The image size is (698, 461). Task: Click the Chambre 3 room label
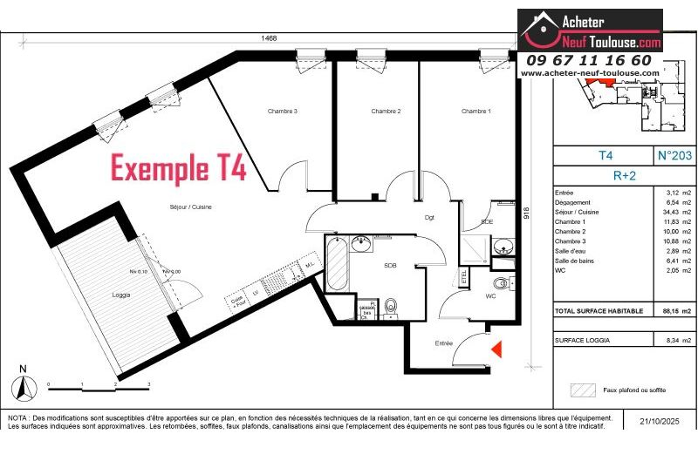pyautogui.click(x=283, y=112)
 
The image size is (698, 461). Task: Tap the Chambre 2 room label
pyautogui.click(x=386, y=112)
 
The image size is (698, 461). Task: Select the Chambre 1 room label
pyautogui.click(x=476, y=112)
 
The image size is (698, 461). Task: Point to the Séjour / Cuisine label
pyautogui.click(x=191, y=207)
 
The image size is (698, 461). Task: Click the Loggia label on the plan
pyautogui.click(x=121, y=295)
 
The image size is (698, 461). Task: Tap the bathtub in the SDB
pyautogui.click(x=336, y=266)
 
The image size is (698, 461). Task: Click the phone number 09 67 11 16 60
pyautogui.click(x=588, y=60)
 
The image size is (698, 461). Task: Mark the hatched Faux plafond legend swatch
pyautogui.click(x=582, y=389)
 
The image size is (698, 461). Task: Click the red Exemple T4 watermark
pyautogui.click(x=178, y=168)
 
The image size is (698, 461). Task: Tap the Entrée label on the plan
pyautogui.click(x=444, y=343)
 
